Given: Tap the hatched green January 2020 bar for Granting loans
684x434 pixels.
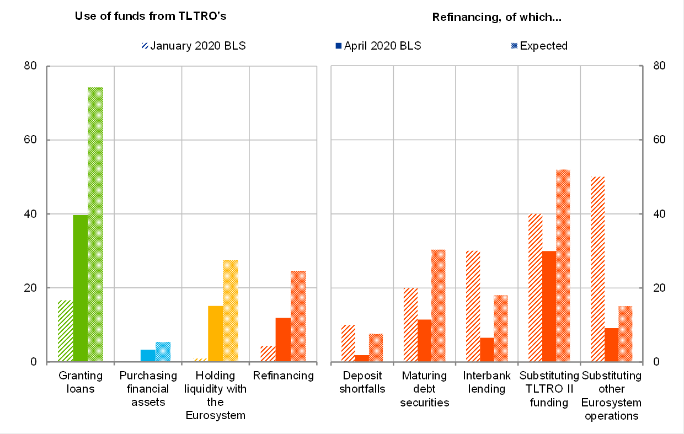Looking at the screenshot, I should pos(66,331).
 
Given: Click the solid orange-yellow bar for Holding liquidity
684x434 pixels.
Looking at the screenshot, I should pos(216,334).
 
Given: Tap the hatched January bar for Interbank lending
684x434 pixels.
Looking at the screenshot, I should pos(473,306).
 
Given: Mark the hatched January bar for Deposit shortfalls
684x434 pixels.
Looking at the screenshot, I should pos(348,343).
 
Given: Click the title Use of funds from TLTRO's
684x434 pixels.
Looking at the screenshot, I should pos(151,16).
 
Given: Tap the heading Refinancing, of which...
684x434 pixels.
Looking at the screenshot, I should pos(496,17).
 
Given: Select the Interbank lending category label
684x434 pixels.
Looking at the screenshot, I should pos(484,382).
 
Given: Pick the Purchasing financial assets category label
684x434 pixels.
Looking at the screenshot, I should pos(148,389).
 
